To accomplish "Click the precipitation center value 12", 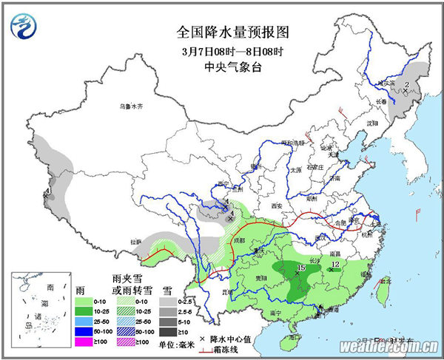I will click(x=334, y=264).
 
